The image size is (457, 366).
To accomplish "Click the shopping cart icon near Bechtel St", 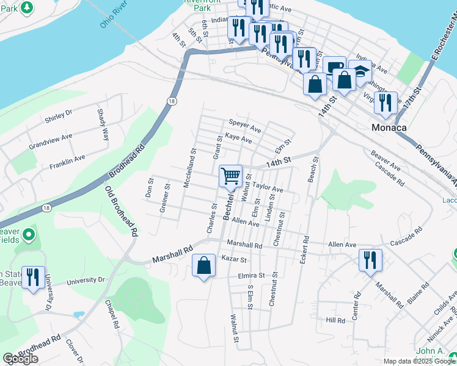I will [231, 177].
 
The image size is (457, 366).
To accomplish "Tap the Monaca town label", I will [389, 128].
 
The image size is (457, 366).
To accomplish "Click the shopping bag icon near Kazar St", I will [204, 265].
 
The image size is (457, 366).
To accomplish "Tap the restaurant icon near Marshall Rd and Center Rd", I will [370, 260].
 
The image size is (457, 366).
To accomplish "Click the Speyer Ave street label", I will [244, 129].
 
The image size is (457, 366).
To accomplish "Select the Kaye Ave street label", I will [238, 140].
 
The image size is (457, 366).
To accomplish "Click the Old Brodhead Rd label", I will [121, 211].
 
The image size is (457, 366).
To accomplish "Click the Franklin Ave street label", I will [67, 161].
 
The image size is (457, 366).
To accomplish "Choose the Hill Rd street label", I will [335, 320].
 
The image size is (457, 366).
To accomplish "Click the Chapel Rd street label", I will [111, 315].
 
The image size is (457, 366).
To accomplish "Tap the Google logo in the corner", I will [20, 359].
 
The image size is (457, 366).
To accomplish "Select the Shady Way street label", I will [103, 124].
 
